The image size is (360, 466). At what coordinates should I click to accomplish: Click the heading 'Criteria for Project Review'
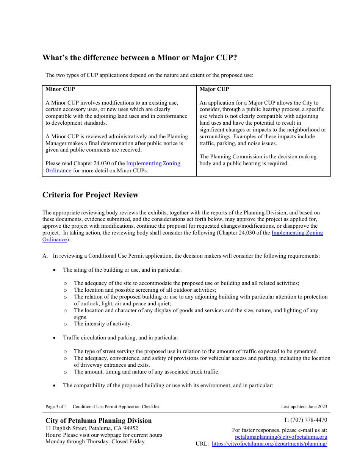click(x=91, y=195)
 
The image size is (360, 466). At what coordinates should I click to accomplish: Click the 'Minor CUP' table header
click(x=60, y=89)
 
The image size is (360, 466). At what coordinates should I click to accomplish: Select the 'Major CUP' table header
click(x=214, y=89)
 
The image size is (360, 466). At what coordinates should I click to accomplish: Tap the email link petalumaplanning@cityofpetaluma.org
click(x=281, y=437)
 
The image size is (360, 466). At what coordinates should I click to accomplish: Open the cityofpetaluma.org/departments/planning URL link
click(x=269, y=444)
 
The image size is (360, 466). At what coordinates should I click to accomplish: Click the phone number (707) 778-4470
click(x=305, y=420)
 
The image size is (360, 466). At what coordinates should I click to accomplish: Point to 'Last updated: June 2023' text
click(x=304, y=407)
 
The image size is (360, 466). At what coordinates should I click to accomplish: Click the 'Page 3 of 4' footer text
click(x=56, y=407)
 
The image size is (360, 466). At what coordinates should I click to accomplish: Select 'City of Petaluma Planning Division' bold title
click(x=99, y=421)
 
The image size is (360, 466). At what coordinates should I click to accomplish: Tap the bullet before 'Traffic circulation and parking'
click(x=55, y=338)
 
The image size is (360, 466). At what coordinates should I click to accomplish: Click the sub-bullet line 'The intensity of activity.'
click(x=103, y=324)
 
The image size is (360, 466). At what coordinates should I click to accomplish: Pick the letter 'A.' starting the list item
click(x=45, y=256)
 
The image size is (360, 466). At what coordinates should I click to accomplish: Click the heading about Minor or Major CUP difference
click(x=140, y=58)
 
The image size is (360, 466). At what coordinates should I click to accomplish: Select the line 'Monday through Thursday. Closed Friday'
click(x=95, y=441)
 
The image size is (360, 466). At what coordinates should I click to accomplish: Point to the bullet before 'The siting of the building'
click(x=55, y=270)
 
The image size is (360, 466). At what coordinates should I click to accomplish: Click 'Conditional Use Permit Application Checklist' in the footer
click(x=116, y=407)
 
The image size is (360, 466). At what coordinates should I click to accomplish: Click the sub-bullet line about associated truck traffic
click(x=146, y=372)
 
